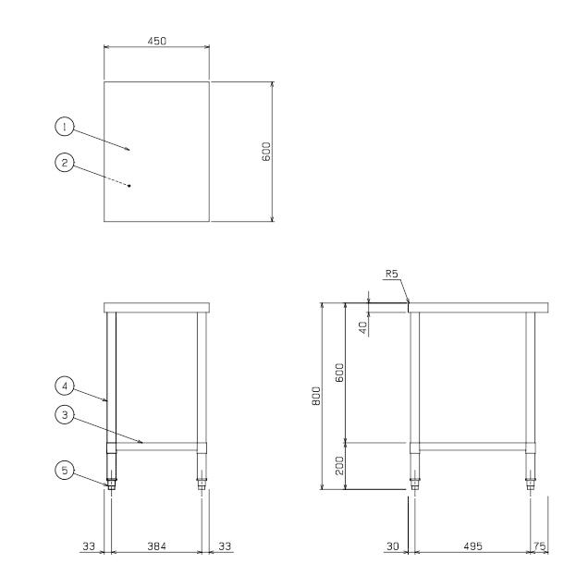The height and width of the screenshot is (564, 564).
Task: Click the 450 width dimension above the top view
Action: pos(157,41)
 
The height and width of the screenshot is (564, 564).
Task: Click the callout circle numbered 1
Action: pos(65,127)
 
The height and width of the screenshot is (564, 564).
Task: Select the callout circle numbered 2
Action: pos(65,163)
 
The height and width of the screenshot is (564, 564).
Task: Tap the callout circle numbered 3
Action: pos(65,415)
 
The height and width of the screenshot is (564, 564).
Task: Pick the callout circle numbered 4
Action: pos(65,386)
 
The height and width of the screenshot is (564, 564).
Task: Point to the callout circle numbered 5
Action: pos(65,471)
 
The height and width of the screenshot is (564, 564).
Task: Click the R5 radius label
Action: pos(392,274)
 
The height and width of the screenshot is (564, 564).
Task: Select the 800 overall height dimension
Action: pos(316,396)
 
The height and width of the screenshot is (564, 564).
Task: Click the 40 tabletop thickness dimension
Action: pos(363,327)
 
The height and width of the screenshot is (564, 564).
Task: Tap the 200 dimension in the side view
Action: pos(339,466)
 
